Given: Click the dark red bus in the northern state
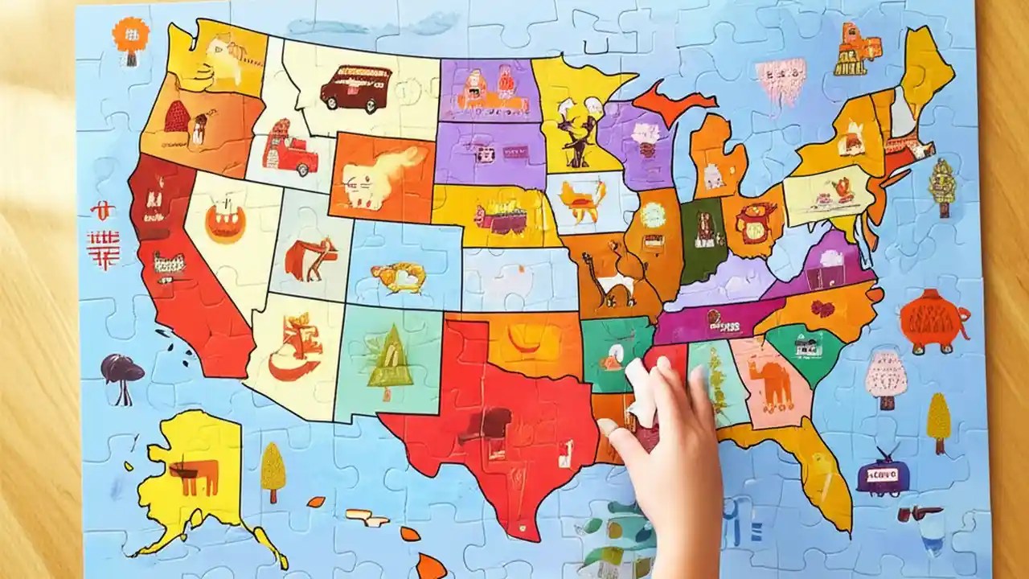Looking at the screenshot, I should click(355, 88).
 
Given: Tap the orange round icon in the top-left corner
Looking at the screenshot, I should click(130, 36).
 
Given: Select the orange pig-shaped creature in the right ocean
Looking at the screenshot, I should click(933, 320).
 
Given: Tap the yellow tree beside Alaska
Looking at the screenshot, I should click(273, 470).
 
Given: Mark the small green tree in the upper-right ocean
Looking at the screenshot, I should click(941, 187).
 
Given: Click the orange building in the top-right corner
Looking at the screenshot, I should click(855, 48).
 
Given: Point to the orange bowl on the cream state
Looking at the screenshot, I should click(225, 222).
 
